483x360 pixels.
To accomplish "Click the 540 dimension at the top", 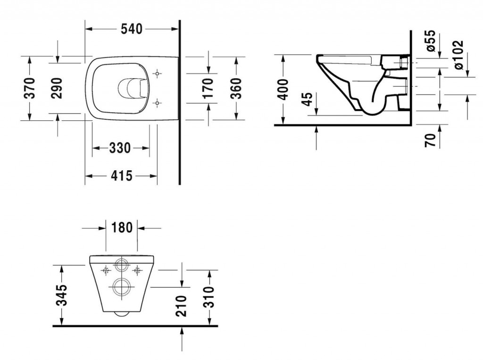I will click(x=132, y=29).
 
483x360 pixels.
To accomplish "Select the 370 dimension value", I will click(x=30, y=88).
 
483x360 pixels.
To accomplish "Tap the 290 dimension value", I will click(x=57, y=88).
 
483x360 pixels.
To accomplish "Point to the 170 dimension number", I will click(x=208, y=88).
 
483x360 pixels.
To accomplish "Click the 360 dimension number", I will click(x=236, y=88).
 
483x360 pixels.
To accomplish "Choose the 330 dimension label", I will click(x=120, y=148).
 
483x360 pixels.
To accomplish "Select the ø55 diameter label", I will click(x=430, y=42).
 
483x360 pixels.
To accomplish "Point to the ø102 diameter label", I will click(x=458, y=55).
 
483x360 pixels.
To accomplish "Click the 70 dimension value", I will click(x=430, y=140).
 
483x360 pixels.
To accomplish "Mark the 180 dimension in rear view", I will click(x=121, y=227).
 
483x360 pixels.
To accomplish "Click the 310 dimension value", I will click(x=209, y=297).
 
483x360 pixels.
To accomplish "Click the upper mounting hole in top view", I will click(x=158, y=74).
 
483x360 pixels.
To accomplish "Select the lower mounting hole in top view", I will click(x=158, y=102).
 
